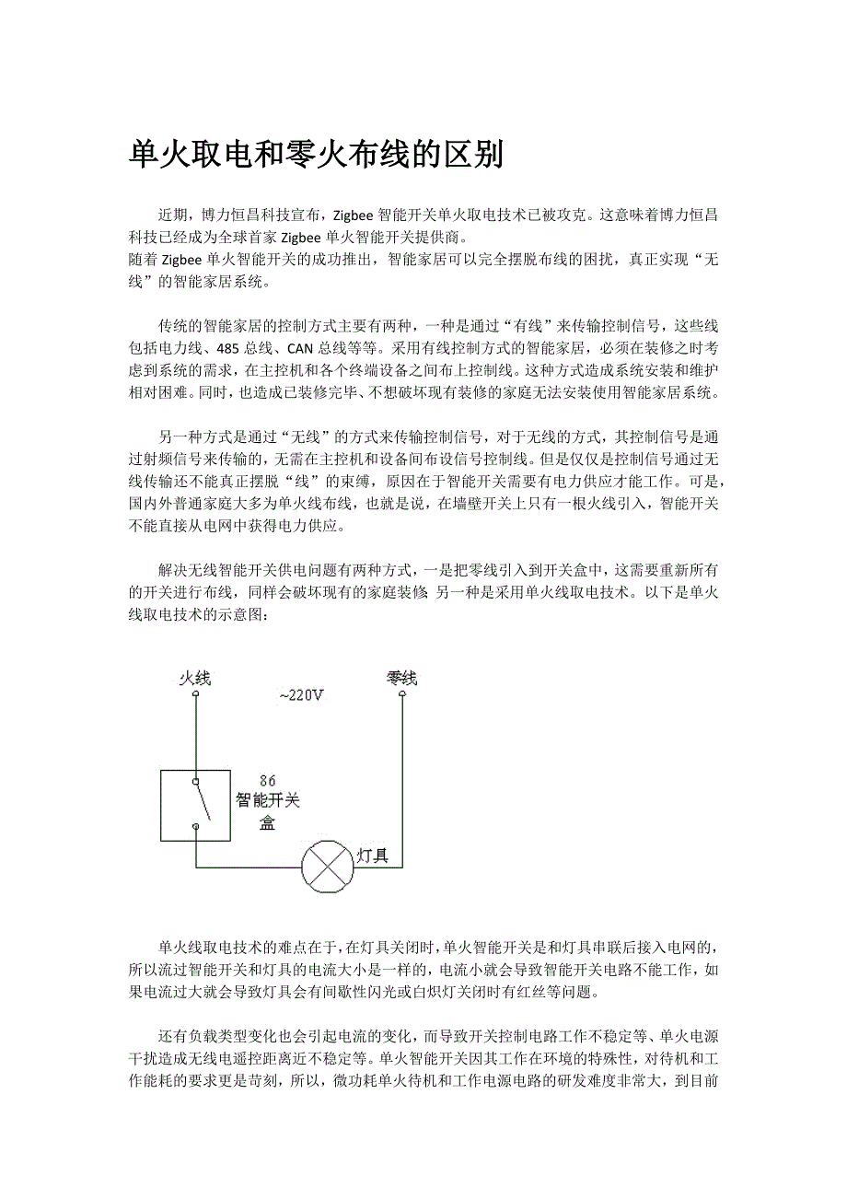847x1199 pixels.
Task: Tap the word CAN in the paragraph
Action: [301, 350]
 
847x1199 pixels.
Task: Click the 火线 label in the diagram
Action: [195, 679]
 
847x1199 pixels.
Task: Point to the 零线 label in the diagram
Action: [402, 679]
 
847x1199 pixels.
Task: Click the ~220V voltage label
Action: [302, 695]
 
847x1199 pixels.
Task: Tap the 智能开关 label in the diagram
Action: [268, 800]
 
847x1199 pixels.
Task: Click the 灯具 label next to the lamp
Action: [373, 856]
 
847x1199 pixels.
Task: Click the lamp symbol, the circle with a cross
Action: [328, 867]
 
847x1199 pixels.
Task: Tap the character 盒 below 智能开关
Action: [267, 822]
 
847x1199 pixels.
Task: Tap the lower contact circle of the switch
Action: [195, 827]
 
